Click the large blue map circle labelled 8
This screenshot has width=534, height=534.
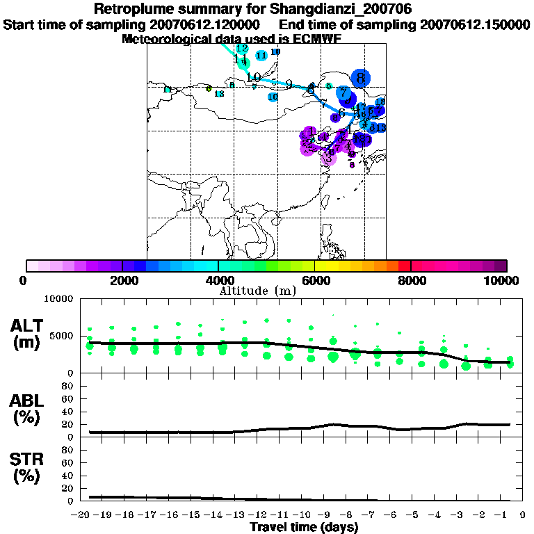(x=360, y=78)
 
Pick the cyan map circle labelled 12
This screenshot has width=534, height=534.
(x=242, y=49)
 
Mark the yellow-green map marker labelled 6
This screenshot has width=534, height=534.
(x=209, y=88)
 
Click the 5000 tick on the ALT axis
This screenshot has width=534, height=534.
(x=63, y=337)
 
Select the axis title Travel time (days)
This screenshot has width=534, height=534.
(x=304, y=528)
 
